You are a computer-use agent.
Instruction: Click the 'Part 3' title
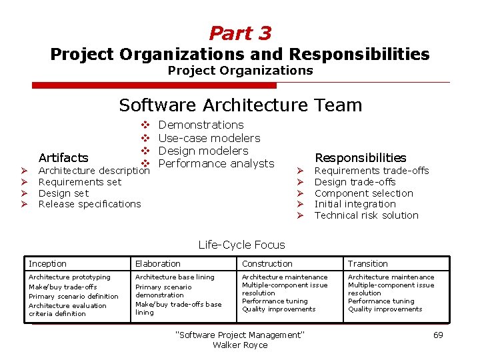click(240, 33)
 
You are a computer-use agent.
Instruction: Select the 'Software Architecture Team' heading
click(240, 105)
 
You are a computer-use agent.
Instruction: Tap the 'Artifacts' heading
click(63, 158)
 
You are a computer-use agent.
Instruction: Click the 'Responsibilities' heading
click(360, 158)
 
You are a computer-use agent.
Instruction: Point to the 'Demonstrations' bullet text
click(201, 125)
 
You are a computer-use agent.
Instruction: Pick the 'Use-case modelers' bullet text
click(209, 138)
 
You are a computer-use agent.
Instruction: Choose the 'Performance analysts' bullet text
click(216, 163)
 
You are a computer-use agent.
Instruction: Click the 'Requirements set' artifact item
click(80, 182)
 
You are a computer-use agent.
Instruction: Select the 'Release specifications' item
click(90, 204)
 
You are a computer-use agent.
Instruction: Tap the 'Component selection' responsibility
click(363, 193)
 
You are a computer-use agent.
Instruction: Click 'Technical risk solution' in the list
click(366, 215)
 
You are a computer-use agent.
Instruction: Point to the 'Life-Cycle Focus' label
click(241, 245)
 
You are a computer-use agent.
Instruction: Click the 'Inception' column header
click(48, 264)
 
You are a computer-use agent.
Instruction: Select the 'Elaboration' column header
click(158, 264)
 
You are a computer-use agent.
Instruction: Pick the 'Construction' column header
click(267, 264)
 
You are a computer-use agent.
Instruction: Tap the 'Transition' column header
click(367, 264)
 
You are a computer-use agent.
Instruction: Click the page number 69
click(438, 335)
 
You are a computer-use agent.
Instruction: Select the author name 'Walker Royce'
click(240, 345)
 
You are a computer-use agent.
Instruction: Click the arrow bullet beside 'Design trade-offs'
click(300, 182)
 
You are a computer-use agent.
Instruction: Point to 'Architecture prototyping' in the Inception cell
click(69, 277)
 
